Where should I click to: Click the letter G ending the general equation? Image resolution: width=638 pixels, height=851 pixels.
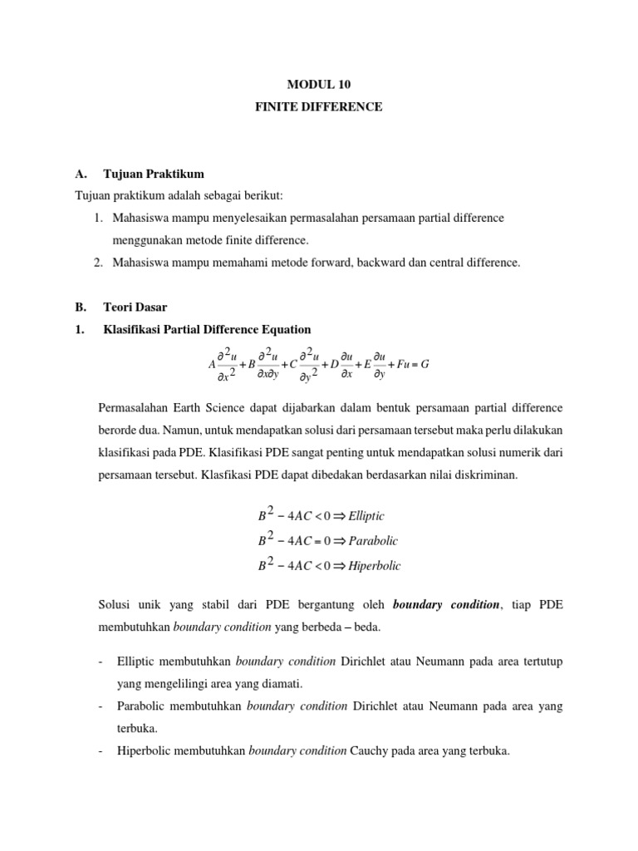(x=425, y=364)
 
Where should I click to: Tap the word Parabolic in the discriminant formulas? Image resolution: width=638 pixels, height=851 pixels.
(x=373, y=541)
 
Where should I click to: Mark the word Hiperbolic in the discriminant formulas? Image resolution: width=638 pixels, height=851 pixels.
(x=375, y=566)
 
